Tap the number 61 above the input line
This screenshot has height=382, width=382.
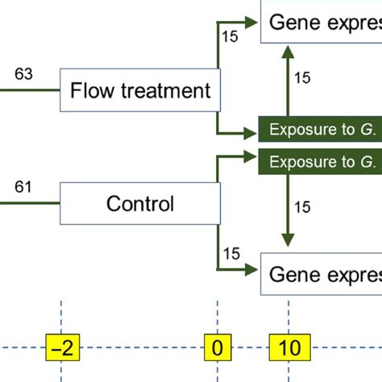[x=25, y=189]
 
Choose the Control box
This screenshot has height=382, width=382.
[x=139, y=203]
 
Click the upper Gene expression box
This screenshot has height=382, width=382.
[x=320, y=22]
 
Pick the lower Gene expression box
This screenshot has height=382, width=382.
[x=320, y=275]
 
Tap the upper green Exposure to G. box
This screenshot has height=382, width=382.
[x=319, y=129]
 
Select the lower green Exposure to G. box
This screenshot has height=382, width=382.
[x=319, y=161]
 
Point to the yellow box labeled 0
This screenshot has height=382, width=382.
[x=218, y=348]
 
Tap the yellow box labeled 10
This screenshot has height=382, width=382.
[x=289, y=348]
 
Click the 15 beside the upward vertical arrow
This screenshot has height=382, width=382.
[x=302, y=78]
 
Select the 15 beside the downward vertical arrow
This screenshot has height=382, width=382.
[x=302, y=207]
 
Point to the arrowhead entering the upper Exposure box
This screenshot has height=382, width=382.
[x=252, y=129]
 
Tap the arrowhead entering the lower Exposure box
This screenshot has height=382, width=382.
[x=252, y=157]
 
